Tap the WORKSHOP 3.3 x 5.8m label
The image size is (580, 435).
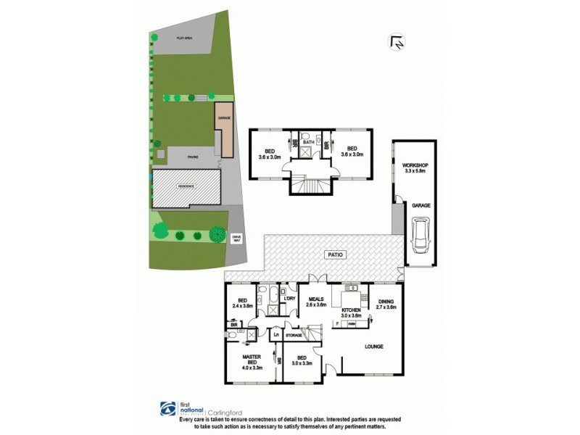pyautogui.click(x=415, y=169)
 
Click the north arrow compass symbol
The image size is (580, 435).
pyautogui.click(x=397, y=43)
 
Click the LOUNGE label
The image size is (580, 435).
pyautogui.click(x=374, y=346)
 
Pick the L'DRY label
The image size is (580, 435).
pyautogui.click(x=290, y=299)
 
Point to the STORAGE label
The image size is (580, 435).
pyautogui.click(x=293, y=336)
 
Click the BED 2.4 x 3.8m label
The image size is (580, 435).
pyautogui.click(x=243, y=304)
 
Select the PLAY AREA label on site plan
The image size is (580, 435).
pyautogui.click(x=185, y=37)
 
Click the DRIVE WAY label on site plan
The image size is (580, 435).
pyautogui.click(x=236, y=239)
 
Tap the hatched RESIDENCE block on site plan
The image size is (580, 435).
pyautogui.click(x=186, y=188)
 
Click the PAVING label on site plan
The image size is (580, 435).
pyautogui.click(x=193, y=156)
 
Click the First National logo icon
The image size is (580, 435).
pyautogui.click(x=165, y=407)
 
